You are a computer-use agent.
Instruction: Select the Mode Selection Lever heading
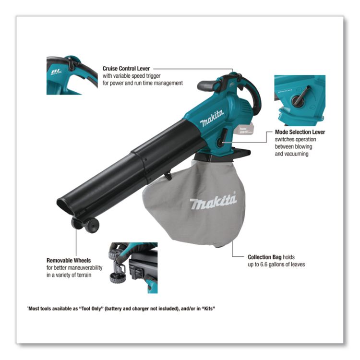point(300,132)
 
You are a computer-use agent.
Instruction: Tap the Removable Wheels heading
point(68,260)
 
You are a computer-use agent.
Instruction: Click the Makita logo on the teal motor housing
point(212,118)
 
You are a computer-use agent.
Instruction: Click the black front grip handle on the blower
point(207,86)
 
